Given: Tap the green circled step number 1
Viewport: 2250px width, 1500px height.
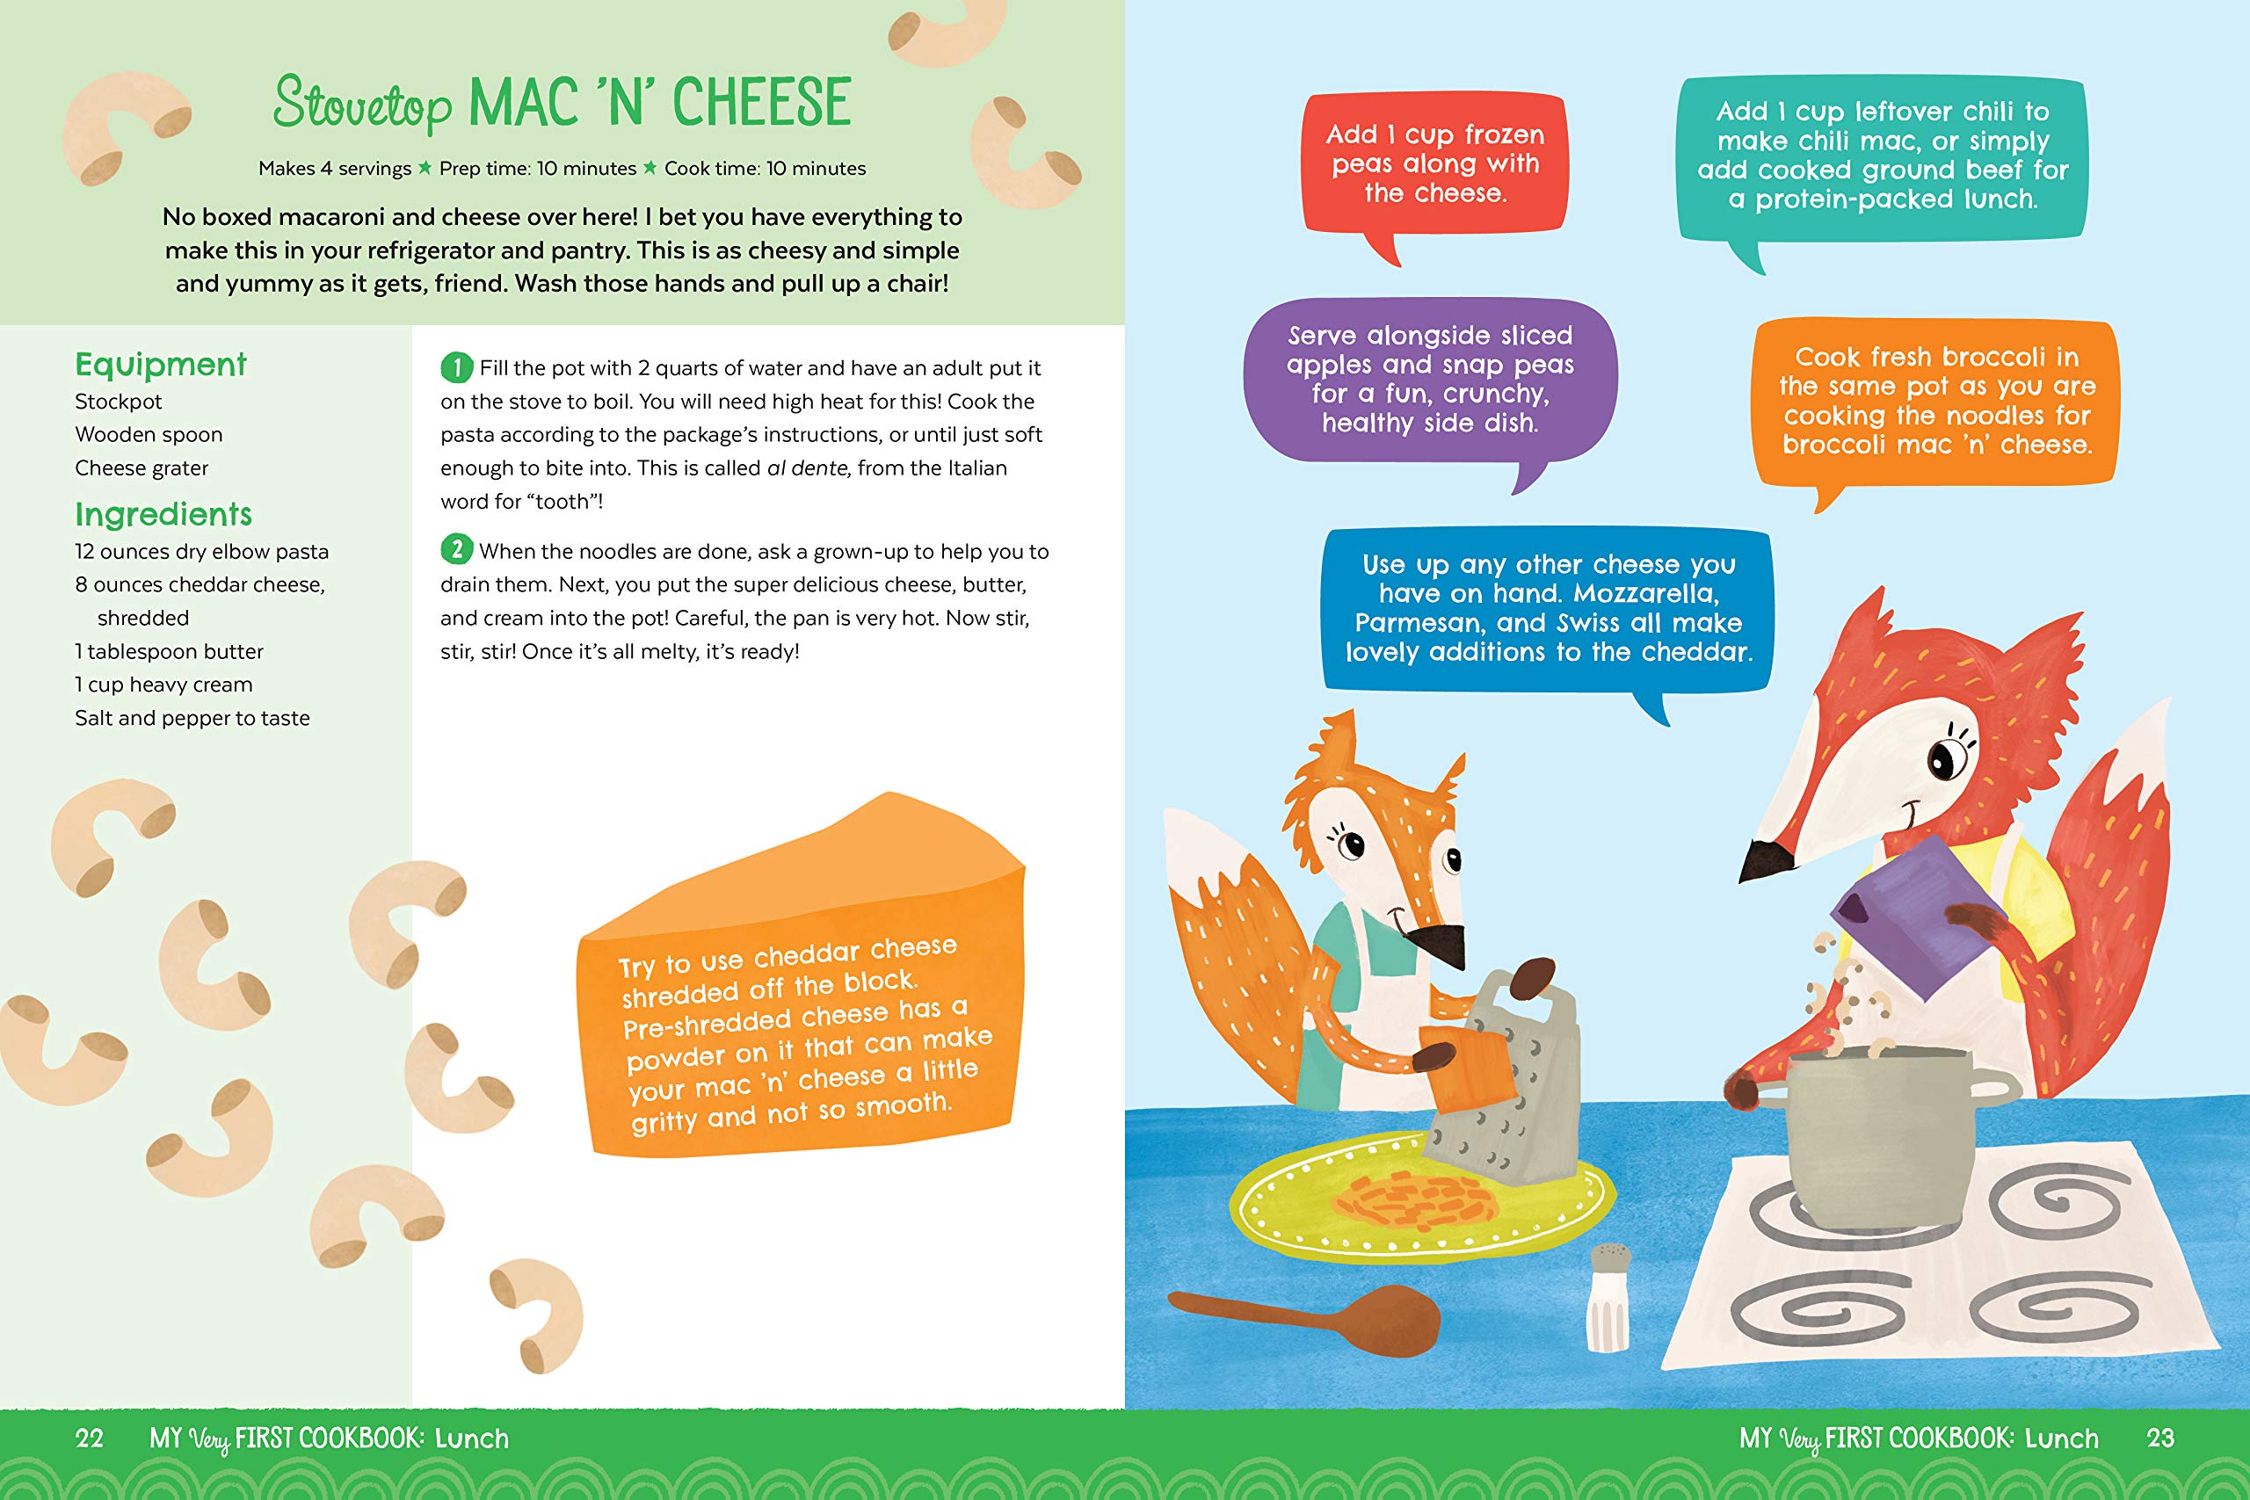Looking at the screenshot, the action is [456, 366].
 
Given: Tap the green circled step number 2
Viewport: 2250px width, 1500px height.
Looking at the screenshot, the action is [456, 549].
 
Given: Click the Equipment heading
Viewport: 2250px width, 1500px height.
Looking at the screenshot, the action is [161, 365].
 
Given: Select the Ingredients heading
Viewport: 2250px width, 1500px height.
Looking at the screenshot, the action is [163, 514].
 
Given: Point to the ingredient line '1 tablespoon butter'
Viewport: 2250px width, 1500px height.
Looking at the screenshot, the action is [170, 651].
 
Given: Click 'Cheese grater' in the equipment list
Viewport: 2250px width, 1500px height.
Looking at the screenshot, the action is [142, 467].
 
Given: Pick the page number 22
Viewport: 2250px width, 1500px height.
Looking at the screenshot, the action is [89, 1438].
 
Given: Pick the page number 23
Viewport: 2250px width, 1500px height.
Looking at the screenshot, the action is [2160, 1438].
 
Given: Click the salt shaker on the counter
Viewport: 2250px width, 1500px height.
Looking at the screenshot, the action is [1609, 1297].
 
